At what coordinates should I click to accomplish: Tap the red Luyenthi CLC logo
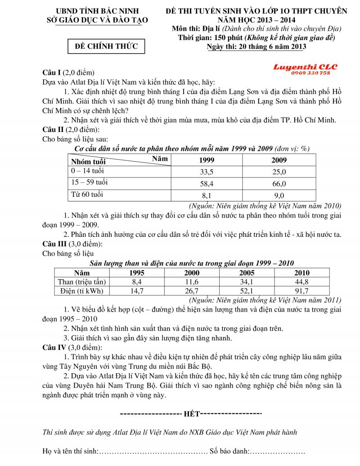305,67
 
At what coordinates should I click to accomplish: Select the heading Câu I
51,72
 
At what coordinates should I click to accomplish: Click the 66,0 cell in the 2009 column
279,184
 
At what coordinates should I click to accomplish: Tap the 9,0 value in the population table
279,195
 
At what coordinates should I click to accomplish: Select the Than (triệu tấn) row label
82,282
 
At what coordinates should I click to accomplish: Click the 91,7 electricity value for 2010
301,291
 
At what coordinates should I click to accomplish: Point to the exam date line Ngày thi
256,46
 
